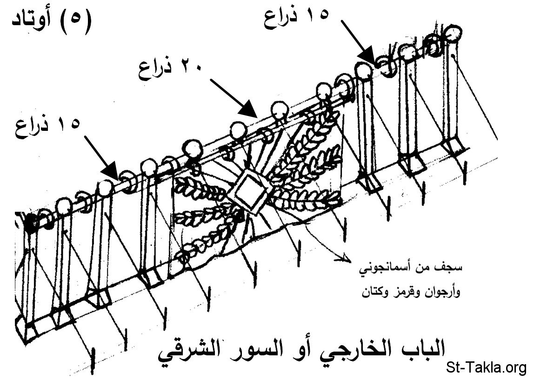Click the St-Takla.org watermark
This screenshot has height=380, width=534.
coord(486,367)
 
